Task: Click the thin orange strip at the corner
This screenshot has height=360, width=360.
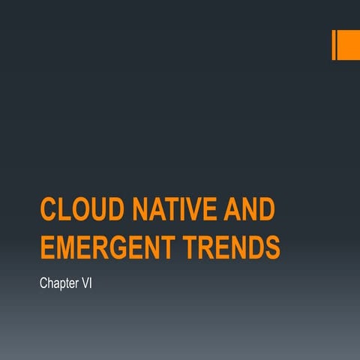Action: tap(334, 44)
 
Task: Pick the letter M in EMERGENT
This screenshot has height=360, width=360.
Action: tap(65, 247)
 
